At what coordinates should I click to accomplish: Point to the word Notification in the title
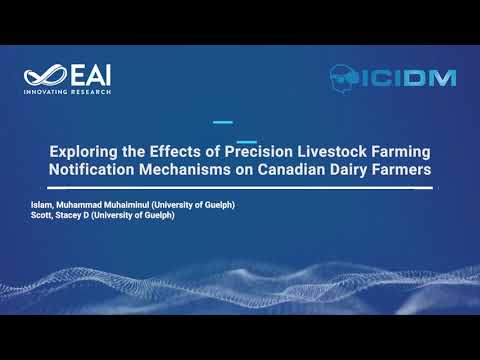pyautogui.click(x=92, y=170)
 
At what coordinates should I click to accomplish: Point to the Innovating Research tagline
pyautogui.click(x=66, y=91)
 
